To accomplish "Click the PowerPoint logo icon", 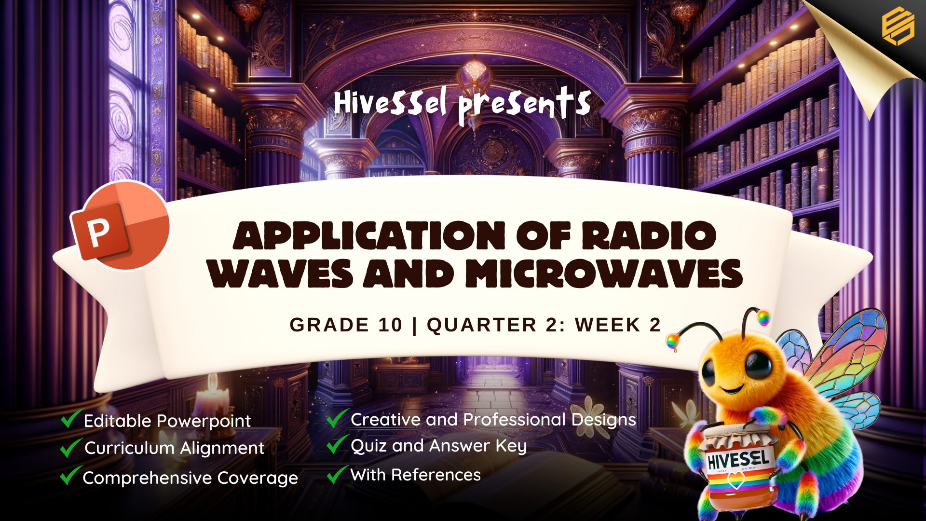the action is click(121, 225).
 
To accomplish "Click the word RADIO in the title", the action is click(649, 236).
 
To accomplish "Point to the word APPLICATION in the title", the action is click(369, 236).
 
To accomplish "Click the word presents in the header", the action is click(524, 104).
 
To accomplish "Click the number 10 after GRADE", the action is click(390, 325).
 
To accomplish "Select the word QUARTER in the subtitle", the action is click(481, 325).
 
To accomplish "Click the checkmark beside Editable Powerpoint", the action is click(71, 418).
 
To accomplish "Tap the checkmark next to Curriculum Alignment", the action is click(70, 447).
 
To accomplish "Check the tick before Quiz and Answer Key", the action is click(337, 444).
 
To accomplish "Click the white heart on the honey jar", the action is click(736, 480).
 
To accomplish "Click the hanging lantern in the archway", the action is click(475, 77).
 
